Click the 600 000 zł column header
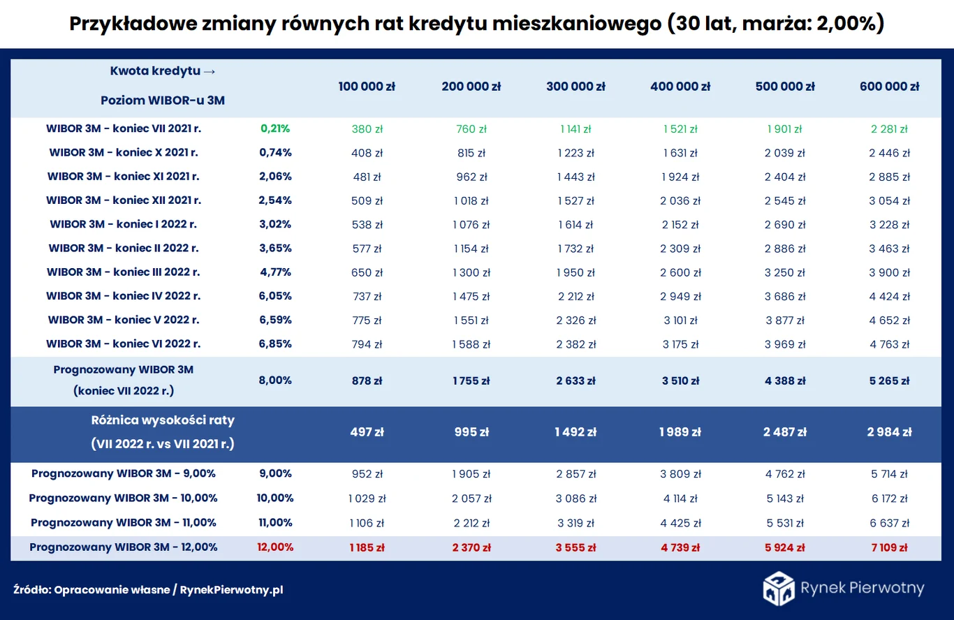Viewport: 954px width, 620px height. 889,87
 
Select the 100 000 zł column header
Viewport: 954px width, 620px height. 367,87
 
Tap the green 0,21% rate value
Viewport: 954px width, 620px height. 275,128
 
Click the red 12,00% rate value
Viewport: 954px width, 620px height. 275,547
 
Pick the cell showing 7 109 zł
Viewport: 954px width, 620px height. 889,547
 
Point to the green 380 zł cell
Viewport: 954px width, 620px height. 367,129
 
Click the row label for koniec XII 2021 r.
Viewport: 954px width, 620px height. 124,200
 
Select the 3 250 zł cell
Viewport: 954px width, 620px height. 785,272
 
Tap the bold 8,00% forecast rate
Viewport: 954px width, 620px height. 275,381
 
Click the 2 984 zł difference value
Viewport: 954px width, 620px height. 889,432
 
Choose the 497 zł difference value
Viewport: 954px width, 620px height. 367,432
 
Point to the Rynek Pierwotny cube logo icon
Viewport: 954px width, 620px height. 778,588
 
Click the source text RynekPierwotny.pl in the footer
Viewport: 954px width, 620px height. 231,590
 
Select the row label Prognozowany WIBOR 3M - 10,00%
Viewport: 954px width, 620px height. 124,499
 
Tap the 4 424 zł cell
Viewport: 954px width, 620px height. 889,296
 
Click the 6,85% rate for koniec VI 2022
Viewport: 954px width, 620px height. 275,344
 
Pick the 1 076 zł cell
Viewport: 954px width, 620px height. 471,225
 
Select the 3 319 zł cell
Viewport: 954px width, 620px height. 575,523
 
